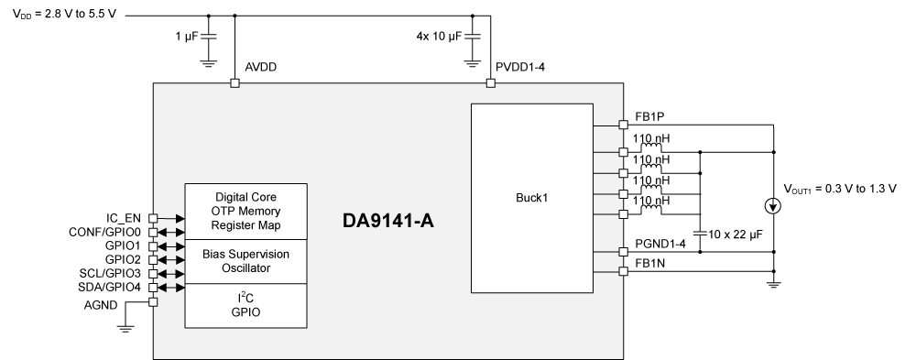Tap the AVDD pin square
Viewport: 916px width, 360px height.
pyautogui.click(x=234, y=83)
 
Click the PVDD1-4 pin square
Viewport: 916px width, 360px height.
pyautogui.click(x=490, y=83)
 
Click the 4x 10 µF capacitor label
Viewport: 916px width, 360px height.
pyautogui.click(x=440, y=37)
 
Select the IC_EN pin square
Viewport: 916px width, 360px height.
pyautogui.click(x=154, y=218)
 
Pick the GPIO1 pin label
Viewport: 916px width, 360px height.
pyautogui.click(x=122, y=246)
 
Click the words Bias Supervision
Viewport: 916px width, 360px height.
pyautogui.click(x=246, y=254)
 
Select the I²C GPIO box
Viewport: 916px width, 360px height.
pyautogui.click(x=246, y=305)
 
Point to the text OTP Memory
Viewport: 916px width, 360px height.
pyautogui.click(x=246, y=211)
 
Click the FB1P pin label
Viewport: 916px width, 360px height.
pyautogui.click(x=649, y=117)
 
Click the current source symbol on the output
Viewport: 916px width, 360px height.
pyautogui.click(x=774, y=207)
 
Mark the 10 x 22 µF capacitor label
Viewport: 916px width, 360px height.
pyautogui.click(x=732, y=235)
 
